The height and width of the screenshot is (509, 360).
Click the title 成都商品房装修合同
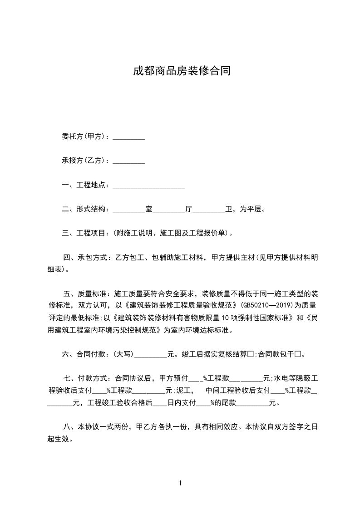click(x=180, y=71)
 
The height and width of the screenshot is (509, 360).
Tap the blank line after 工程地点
click(x=148, y=185)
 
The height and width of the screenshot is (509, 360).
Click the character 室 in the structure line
click(x=148, y=209)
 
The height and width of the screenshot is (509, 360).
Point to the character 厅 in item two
click(x=189, y=209)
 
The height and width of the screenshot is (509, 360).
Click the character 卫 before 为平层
click(x=229, y=209)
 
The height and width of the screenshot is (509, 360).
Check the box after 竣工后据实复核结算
click(x=250, y=354)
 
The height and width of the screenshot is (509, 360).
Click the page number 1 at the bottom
click(x=180, y=483)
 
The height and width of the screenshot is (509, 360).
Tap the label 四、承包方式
click(x=85, y=258)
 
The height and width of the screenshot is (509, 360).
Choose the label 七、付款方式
click(x=85, y=378)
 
